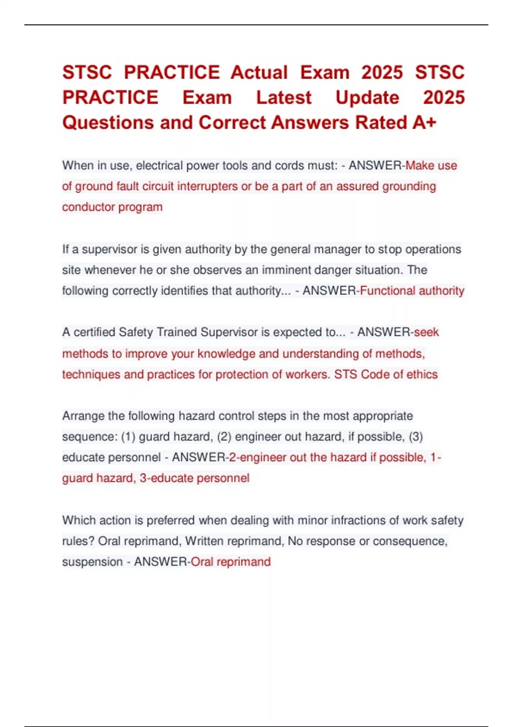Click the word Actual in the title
pyautogui.click(x=259, y=72)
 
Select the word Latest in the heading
pyautogui.click(x=284, y=98)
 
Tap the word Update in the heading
pyautogui.click(x=367, y=98)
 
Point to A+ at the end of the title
pyautogui.click(x=425, y=123)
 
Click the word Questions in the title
pyautogui.click(x=108, y=123)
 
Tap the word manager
pyautogui.click(x=337, y=249)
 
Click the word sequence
pyautogui.click(x=89, y=437)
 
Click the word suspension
pyautogui.click(x=92, y=562)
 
